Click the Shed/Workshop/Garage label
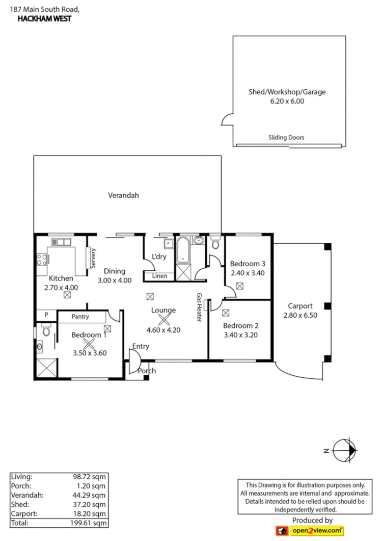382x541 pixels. point(286,92)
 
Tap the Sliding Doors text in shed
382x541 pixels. point(286,137)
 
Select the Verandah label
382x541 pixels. point(123,195)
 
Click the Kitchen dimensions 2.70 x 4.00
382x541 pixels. point(61,287)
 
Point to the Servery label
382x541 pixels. point(93,258)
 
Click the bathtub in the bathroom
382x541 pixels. point(182,249)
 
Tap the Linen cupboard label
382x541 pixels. point(159,276)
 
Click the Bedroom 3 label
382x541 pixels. point(248,264)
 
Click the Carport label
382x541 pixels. point(301,306)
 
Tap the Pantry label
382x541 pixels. point(80,317)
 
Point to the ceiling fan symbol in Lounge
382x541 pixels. point(163,320)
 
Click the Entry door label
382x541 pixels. point(141,347)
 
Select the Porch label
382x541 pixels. point(147,371)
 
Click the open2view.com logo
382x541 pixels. point(310,531)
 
